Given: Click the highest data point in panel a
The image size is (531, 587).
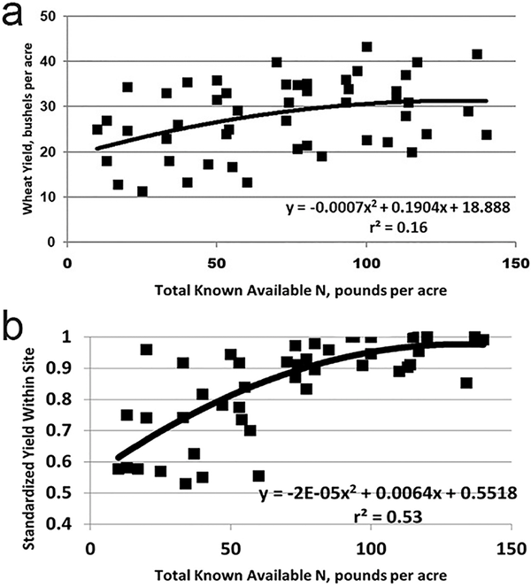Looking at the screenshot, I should [367, 47].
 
